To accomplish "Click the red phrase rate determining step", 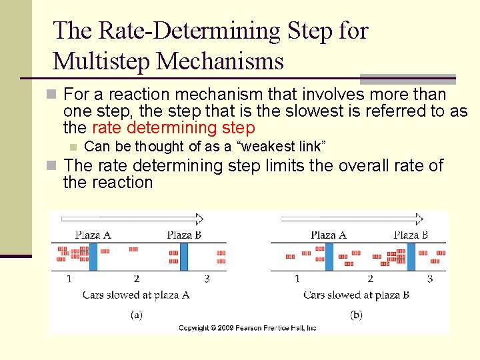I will [x=173, y=128].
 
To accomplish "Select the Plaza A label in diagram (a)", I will [x=93, y=235].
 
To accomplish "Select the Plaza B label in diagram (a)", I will [x=184, y=235].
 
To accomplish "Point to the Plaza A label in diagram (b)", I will [x=329, y=235].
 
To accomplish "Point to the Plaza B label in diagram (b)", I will [x=411, y=235].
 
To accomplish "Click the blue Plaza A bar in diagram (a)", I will [x=93, y=257].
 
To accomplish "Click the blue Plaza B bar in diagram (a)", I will [x=184, y=257].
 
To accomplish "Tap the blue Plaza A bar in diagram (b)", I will [x=329, y=257].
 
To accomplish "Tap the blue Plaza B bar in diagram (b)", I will [x=411, y=257].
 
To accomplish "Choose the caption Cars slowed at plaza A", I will [x=136, y=295].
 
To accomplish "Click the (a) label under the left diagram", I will [x=136, y=314].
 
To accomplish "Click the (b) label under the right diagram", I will [x=356, y=314].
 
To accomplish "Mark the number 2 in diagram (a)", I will [x=136, y=279].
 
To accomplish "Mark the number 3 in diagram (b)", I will [x=430, y=279].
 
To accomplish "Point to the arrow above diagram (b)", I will [x=352, y=219].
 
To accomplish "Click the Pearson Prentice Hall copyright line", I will [x=247, y=328].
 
